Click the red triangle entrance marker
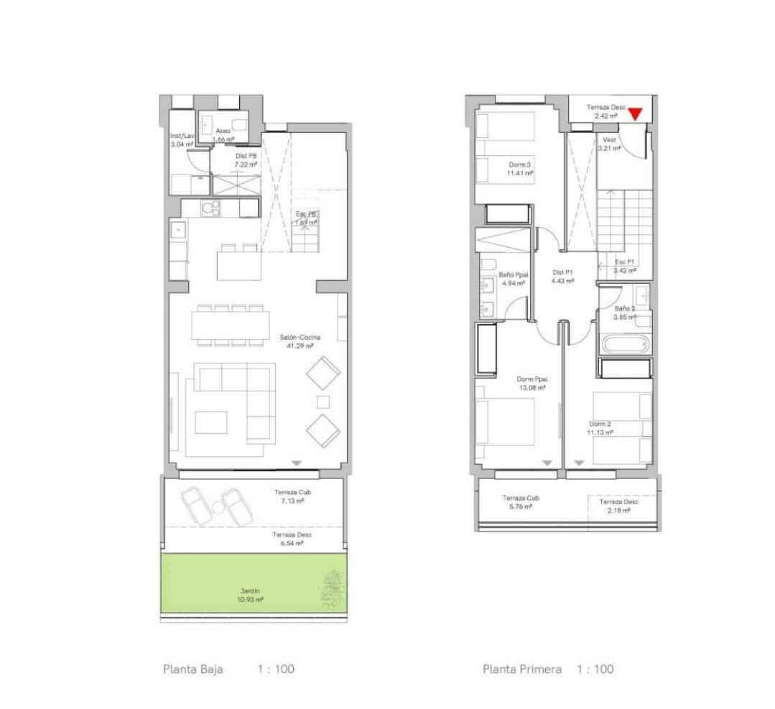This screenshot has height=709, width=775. pyautogui.click(x=635, y=113)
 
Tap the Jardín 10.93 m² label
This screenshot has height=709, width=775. pyautogui.click(x=251, y=595)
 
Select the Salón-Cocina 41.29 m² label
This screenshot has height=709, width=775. pyautogui.click(x=300, y=341)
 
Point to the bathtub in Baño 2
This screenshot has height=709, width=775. pyautogui.click(x=626, y=343)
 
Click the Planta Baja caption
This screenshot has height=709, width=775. pyautogui.click(x=193, y=669)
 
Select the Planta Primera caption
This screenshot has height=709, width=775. pyautogui.click(x=522, y=669)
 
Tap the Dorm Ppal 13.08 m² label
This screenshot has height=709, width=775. pyautogui.click(x=532, y=383)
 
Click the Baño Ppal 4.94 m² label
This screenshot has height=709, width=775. pyautogui.click(x=511, y=279)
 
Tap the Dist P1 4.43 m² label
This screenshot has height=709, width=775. pyautogui.click(x=562, y=277)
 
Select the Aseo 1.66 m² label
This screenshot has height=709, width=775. pyautogui.click(x=223, y=134)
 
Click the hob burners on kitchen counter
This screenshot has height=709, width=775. pyautogui.click(x=210, y=208)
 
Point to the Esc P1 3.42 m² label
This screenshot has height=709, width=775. pyautogui.click(x=624, y=267)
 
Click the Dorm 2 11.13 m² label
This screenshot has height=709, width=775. pyautogui.click(x=601, y=428)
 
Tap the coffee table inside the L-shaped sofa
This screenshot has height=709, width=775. pyautogui.click(x=211, y=422)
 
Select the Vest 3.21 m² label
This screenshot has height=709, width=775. pyautogui.click(x=609, y=144)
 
